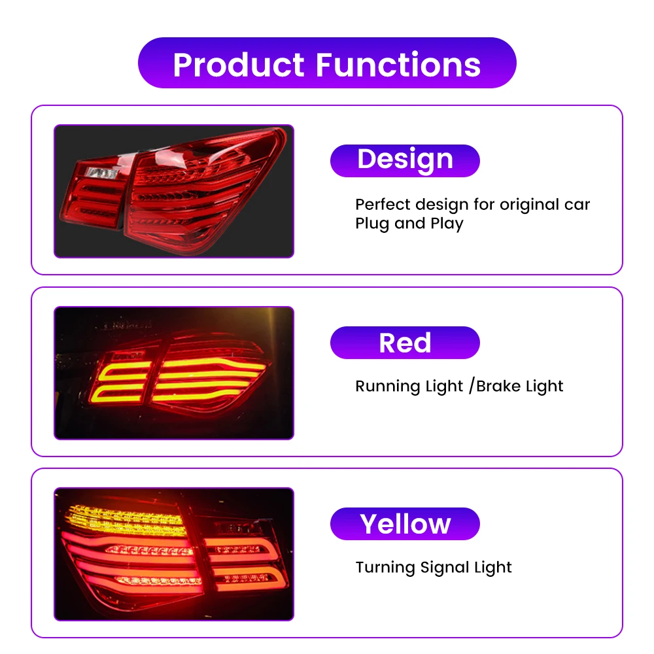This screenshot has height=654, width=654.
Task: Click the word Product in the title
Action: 239,65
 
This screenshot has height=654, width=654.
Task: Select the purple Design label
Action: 405,161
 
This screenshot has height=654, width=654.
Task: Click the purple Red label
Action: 405,343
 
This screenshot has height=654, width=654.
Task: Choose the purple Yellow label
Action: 405,524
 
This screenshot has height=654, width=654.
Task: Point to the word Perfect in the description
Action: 383,204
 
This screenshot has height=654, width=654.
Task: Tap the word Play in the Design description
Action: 447,224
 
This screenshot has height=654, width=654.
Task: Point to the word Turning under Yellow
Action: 385,568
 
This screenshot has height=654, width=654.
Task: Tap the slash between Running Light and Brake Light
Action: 472,386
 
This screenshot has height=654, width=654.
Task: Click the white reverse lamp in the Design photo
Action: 101,173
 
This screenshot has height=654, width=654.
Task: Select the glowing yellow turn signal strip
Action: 125,521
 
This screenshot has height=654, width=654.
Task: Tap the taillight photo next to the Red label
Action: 174,373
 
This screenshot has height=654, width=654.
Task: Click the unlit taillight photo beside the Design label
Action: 174,191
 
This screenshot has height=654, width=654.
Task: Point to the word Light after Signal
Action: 494,568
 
